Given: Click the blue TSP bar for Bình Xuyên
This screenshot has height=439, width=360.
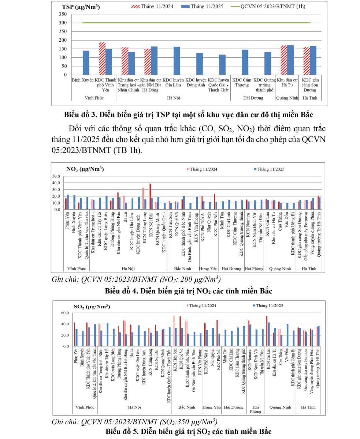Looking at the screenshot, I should [86, 63].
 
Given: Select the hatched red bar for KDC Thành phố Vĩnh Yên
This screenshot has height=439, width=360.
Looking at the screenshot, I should [102, 59].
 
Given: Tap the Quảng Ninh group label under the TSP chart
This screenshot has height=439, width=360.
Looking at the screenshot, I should [287, 98].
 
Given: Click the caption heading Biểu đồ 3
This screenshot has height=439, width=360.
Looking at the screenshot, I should [188, 115].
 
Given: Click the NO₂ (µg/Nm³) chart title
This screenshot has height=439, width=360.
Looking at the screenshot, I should [85, 169].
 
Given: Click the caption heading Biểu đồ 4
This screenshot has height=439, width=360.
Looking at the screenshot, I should [188, 291].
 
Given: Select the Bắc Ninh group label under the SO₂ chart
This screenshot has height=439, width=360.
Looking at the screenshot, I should [186, 407].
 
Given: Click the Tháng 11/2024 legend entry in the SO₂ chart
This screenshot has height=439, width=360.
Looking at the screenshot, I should [202, 305].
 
